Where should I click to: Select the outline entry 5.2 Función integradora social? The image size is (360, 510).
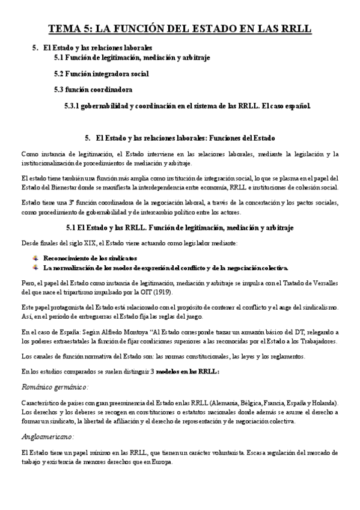[101, 73]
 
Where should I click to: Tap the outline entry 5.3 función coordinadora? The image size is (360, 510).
[93, 90]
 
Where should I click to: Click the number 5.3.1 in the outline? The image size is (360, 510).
[73, 106]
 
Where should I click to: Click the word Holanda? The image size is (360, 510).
[326, 401]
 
